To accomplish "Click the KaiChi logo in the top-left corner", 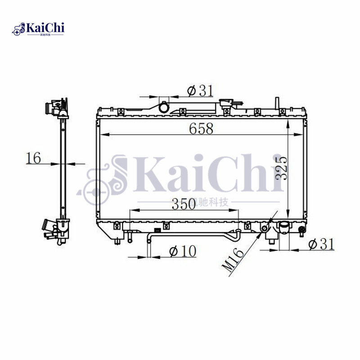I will tap(39, 30).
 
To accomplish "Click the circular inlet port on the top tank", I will tap(163, 108).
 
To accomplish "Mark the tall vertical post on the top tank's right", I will tap(276, 103).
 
